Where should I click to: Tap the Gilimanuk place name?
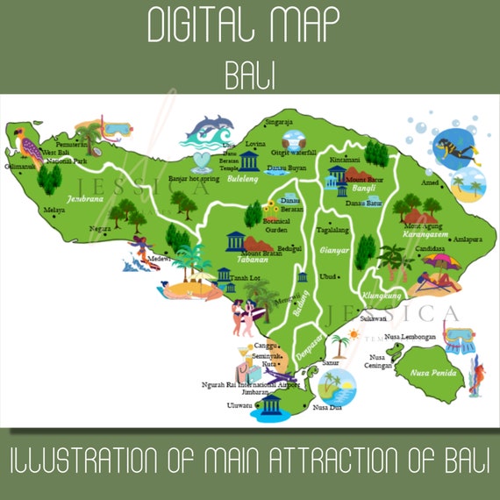click(18, 166)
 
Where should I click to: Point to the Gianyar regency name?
click(333, 250)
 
